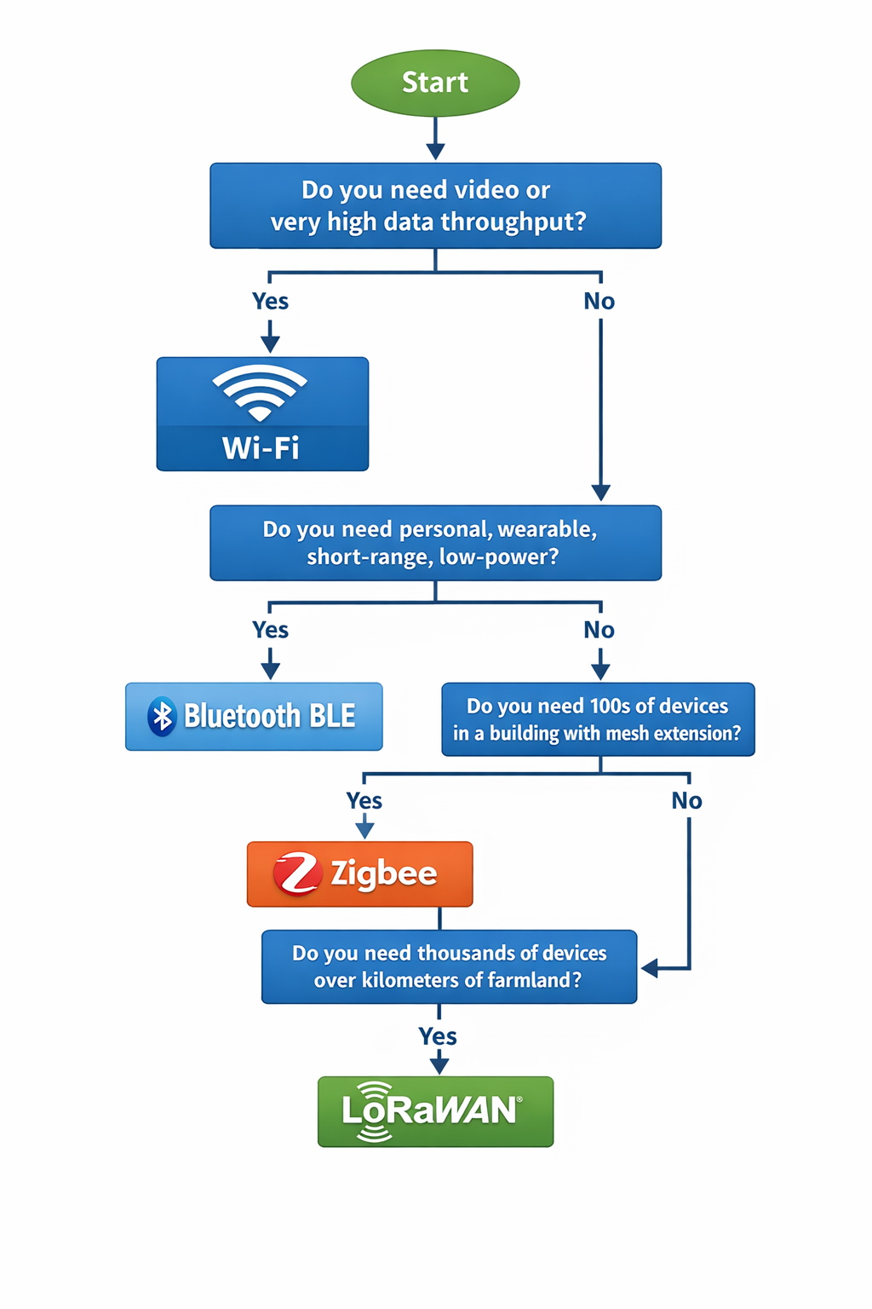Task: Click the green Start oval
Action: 435,83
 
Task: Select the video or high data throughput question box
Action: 435,205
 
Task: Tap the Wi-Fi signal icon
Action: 260,392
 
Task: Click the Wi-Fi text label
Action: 261,448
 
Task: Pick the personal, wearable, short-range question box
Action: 435,543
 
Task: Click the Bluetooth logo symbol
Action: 162,717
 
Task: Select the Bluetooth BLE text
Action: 269,717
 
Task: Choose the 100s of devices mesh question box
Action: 598,719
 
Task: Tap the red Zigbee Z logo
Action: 296,874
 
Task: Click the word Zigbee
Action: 383,874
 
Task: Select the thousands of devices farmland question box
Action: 449,966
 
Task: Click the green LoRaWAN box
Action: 435,1111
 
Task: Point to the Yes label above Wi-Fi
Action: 270,302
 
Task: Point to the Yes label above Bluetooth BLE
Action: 270,631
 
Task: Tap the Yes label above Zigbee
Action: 364,801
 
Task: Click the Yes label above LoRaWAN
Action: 438,1036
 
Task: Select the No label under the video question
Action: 599,302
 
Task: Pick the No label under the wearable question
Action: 599,631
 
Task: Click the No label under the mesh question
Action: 686,801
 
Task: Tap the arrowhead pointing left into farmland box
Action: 650,968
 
